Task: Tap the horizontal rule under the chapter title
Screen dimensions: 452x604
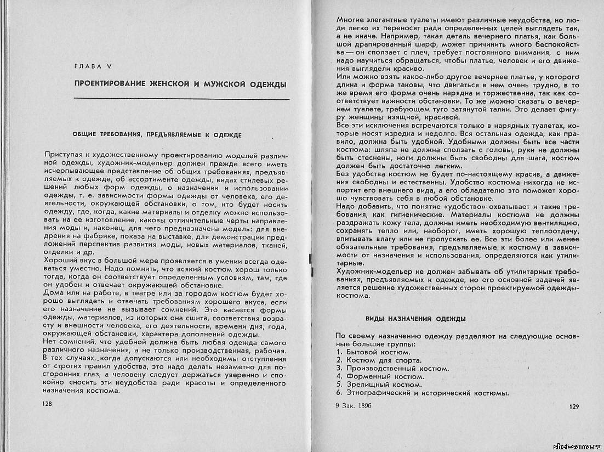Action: point(181,99)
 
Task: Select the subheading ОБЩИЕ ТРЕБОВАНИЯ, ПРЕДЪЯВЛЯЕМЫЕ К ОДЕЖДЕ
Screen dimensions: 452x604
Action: point(157,134)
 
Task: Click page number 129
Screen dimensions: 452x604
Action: point(574,406)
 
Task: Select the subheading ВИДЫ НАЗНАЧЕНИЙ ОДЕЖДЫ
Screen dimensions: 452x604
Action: point(415,318)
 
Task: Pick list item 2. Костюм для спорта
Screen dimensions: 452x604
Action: point(378,360)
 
